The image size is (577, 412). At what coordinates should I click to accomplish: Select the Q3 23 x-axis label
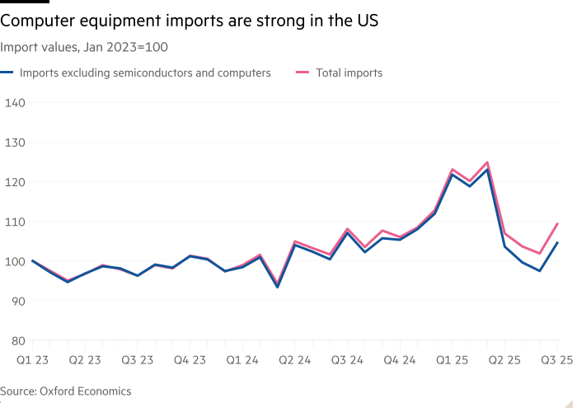[138, 360]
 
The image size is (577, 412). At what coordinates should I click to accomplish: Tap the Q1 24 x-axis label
[241, 360]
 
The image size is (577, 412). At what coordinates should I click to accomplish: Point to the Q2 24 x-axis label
[294, 360]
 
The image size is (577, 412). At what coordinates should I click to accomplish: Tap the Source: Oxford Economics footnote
[66, 391]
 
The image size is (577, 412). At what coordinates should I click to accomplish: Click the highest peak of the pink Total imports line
[487, 162]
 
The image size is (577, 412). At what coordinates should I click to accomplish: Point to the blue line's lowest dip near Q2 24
[277, 287]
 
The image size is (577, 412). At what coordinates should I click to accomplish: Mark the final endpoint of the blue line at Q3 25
[558, 242]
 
